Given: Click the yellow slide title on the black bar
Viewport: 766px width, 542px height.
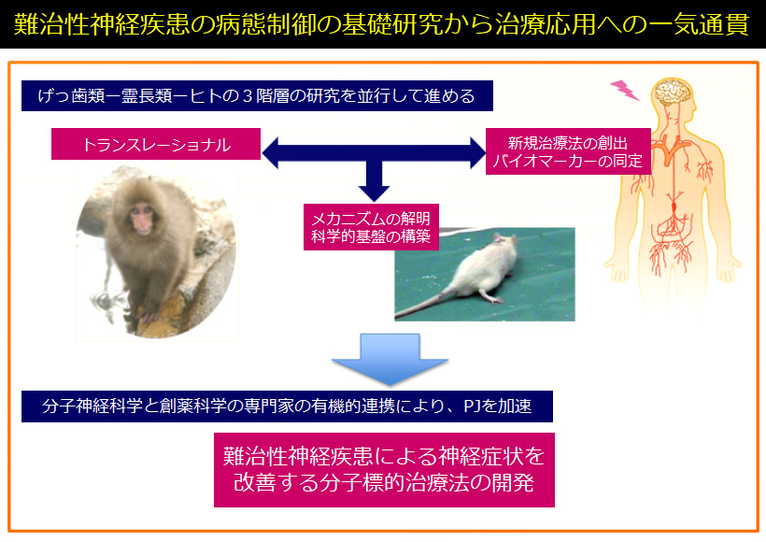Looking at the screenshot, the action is click(x=381, y=24).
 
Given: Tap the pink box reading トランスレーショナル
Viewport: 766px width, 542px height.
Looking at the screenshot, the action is click(x=156, y=144).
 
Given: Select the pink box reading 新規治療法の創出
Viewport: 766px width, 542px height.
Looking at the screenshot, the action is click(x=568, y=151).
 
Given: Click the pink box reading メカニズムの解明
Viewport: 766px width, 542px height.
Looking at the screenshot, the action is click(x=371, y=227).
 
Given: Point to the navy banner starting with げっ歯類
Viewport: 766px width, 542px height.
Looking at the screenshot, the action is click(x=257, y=96).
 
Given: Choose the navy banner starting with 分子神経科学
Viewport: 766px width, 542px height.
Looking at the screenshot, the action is click(x=288, y=406).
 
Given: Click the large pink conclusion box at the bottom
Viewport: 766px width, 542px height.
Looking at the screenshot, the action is click(x=385, y=470).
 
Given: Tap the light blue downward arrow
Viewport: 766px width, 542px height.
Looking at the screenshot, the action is click(x=390, y=359).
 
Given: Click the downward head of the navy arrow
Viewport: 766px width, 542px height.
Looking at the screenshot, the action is click(x=375, y=193).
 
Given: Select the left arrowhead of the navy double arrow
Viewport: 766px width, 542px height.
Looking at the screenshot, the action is click(x=270, y=153).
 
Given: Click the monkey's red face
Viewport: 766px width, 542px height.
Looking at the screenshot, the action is click(x=143, y=219).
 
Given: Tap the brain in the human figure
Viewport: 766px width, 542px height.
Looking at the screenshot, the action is click(x=674, y=93).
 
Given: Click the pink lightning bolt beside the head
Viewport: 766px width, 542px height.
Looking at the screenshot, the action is click(x=625, y=91).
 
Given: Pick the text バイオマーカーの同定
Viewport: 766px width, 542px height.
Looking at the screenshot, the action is click(x=568, y=161).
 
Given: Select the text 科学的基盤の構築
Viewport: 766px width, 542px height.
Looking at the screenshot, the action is click(x=371, y=236).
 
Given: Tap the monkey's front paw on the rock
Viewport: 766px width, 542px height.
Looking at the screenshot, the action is click(x=147, y=316).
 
